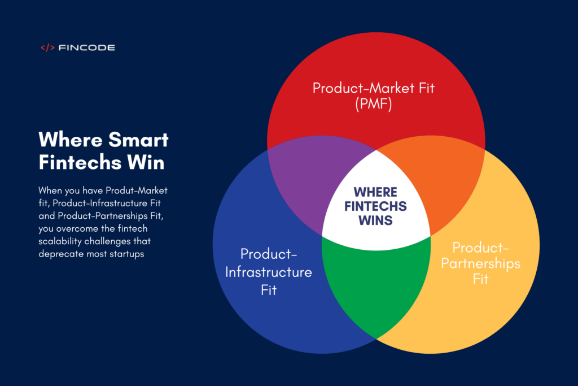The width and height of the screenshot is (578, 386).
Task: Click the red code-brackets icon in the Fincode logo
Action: [47, 47]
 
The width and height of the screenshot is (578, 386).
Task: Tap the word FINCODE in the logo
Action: [86, 47]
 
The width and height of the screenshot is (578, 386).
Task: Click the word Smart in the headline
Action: [138, 140]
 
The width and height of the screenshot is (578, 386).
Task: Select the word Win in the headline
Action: [146, 162]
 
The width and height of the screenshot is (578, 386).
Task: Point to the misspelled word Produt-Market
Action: [137, 190]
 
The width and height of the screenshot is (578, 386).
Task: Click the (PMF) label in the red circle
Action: [374, 103]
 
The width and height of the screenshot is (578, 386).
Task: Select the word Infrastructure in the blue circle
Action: [269, 272]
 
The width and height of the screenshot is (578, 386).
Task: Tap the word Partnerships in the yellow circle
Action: [481, 264]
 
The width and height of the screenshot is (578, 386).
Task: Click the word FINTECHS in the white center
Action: [375, 206]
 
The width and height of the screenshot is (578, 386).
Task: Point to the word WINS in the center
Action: [375, 220]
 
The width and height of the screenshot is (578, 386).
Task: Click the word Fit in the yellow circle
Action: [481, 279]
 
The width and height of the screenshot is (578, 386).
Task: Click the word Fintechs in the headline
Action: [80, 162]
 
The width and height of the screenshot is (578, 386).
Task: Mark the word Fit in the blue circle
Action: [269, 290]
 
